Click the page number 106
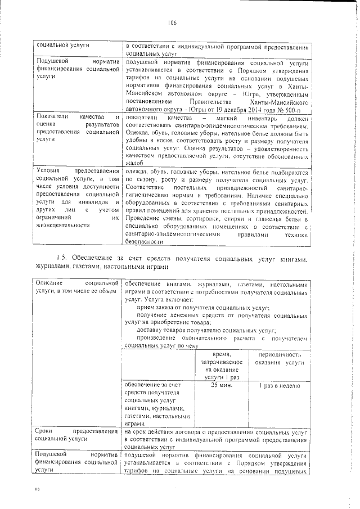[172, 23]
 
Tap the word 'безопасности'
[145, 241]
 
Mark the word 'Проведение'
[145, 218]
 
